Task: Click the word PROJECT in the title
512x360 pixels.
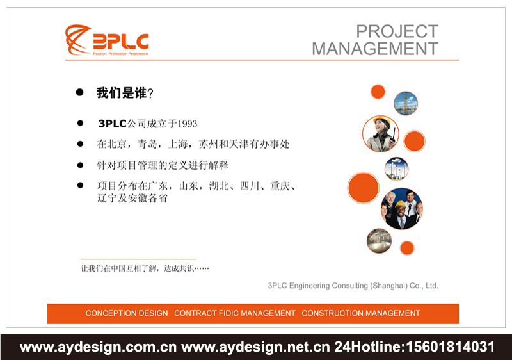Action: tap(397, 31)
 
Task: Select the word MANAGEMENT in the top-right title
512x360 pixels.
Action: tap(375, 48)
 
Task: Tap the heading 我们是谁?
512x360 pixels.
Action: tap(125, 93)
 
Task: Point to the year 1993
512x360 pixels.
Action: tap(187, 124)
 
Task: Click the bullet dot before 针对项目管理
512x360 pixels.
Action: tap(81, 165)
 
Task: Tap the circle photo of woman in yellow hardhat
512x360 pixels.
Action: tap(380, 133)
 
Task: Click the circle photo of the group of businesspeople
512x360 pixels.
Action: tap(401, 208)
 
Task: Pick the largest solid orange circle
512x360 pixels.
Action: tap(364, 188)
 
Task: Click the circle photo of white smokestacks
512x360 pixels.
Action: tap(396, 168)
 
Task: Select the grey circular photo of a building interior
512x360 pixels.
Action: tap(379, 240)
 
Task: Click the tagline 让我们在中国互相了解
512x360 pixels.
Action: tap(145, 268)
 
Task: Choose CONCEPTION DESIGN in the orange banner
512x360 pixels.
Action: tap(127, 313)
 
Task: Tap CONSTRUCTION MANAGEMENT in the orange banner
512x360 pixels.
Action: tap(361, 313)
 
